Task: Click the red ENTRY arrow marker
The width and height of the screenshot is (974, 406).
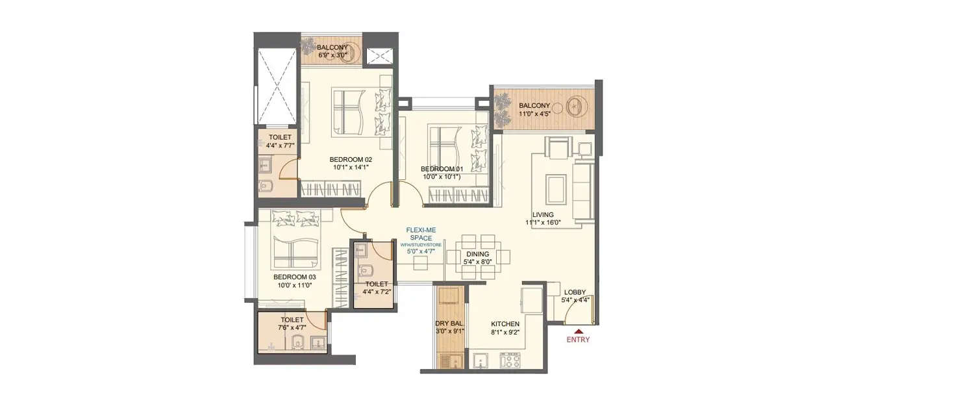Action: (x=578, y=331)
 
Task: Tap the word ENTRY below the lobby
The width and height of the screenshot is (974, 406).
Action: (x=578, y=339)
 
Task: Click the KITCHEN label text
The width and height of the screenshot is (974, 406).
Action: (x=505, y=324)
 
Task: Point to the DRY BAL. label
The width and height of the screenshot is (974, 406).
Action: (x=449, y=324)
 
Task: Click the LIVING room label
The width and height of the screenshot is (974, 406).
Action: (x=543, y=214)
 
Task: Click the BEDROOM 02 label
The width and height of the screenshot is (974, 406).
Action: (x=351, y=160)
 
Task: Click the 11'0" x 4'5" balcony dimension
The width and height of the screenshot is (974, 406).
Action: (x=534, y=114)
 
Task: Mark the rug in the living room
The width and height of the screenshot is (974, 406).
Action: (x=555, y=188)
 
